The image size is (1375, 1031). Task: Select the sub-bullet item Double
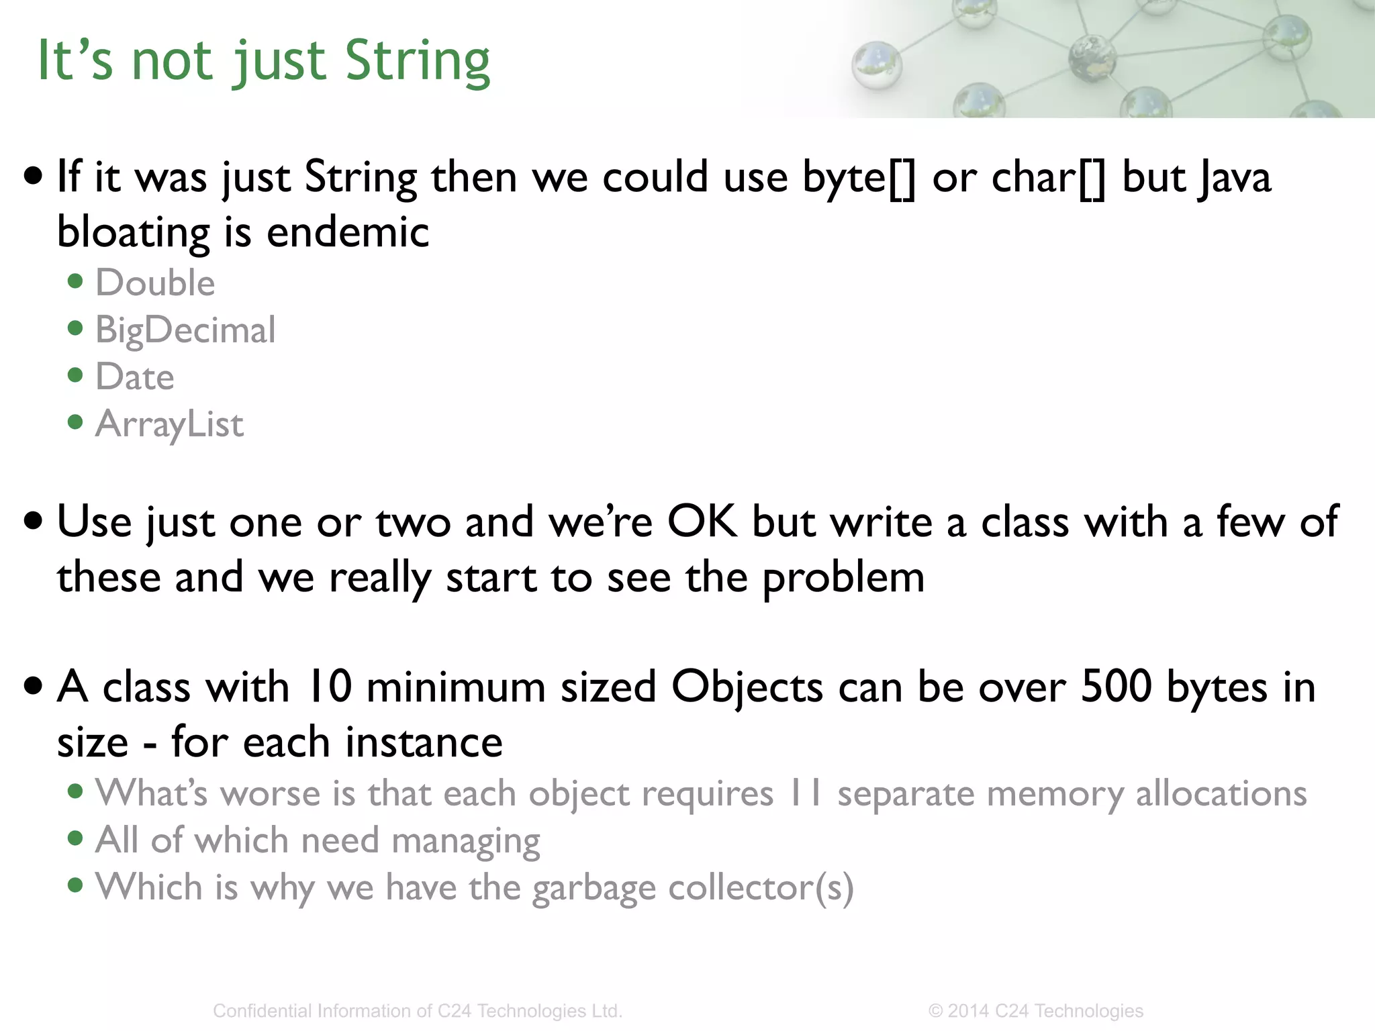155,283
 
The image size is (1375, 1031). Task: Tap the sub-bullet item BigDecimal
185,330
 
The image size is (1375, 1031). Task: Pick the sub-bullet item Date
135,377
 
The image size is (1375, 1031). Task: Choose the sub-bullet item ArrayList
169,424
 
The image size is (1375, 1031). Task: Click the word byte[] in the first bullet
859,178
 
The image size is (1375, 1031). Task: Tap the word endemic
348,232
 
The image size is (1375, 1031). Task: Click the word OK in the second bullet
702,522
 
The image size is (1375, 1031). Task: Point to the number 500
1116,687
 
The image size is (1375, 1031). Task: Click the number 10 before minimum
329,687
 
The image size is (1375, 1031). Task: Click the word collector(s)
761,888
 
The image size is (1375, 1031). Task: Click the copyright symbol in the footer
935,1011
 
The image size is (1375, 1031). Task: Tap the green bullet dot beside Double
75,281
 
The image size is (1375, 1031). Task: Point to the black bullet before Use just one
33,520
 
